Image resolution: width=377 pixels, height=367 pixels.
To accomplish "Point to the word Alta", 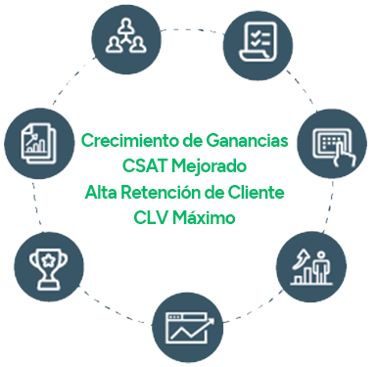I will (102, 191).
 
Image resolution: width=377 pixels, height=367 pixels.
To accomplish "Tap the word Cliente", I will (254, 191).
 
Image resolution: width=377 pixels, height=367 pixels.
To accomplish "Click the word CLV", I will (152, 216).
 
